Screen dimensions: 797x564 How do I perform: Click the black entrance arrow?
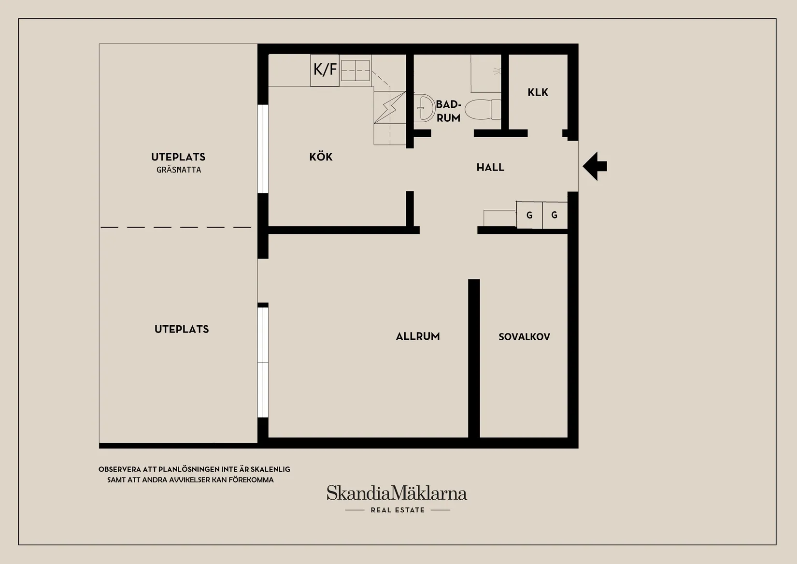pos(595,166)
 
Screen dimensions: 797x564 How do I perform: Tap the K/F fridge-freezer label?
pos(325,69)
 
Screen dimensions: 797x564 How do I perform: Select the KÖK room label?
pos(321,157)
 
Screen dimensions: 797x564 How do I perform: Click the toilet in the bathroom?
pos(483,109)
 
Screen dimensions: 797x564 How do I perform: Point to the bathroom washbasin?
pos(425,107)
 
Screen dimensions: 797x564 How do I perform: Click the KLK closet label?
pos(538,92)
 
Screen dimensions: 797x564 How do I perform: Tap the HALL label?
pos(490,167)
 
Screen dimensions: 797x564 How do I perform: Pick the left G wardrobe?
pos(529,215)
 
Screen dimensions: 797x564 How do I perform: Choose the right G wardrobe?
pos(555,215)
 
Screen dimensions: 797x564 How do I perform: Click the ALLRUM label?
pos(418,336)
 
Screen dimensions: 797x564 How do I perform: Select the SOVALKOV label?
pos(524,337)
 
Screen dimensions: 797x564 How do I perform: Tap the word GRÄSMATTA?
pos(179,170)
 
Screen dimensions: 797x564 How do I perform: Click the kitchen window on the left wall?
pos(263,149)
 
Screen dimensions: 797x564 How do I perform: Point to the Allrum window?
pos(263,362)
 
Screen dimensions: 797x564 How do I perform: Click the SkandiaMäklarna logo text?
pos(397,493)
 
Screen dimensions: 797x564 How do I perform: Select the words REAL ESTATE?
pos(398,510)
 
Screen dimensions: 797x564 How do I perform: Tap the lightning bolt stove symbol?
pos(390,107)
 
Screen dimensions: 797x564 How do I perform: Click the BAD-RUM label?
pos(448,111)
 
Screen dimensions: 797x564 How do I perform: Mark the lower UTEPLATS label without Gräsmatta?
pos(182,329)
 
